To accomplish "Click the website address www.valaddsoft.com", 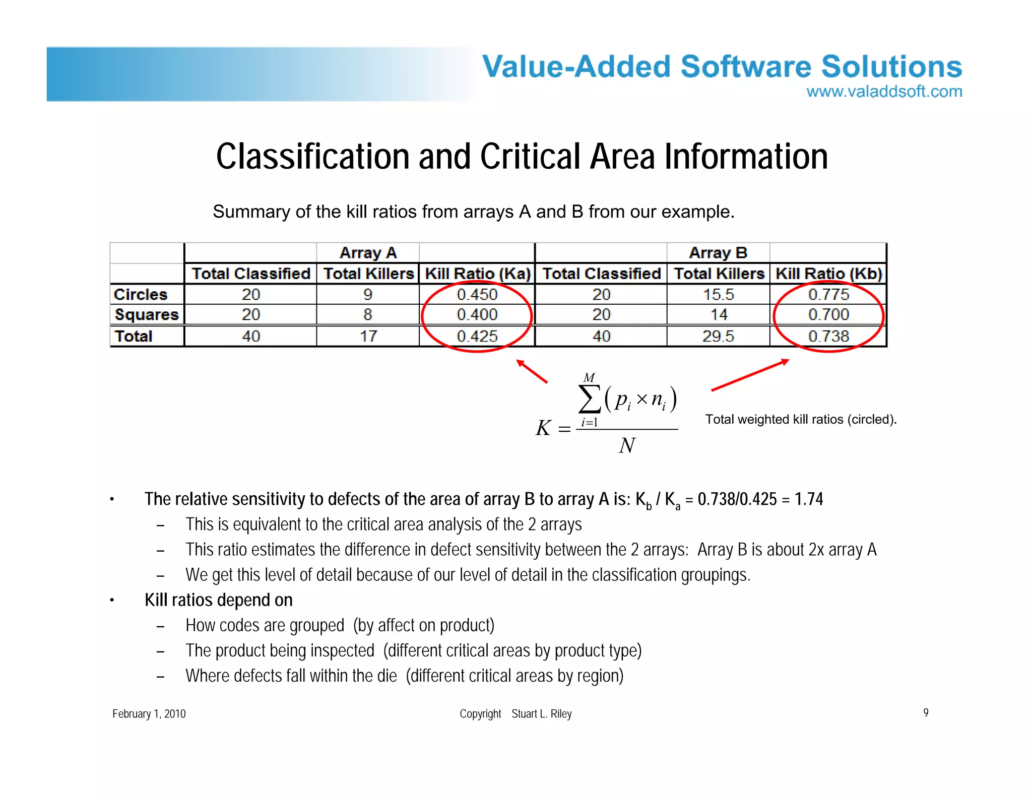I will (884, 92).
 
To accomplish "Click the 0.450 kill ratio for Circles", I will (477, 294).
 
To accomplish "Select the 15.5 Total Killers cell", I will (718, 294).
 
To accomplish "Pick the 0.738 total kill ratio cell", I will (828, 336).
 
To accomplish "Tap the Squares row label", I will (147, 315).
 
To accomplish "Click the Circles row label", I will (141, 294).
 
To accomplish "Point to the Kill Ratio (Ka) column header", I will (477, 274).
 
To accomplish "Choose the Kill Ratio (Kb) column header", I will (828, 274).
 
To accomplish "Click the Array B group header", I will (718, 252).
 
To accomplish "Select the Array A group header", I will (368, 252).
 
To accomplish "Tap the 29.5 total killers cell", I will (718, 336).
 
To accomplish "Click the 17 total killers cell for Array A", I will (368, 336).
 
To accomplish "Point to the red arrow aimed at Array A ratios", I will (532, 371).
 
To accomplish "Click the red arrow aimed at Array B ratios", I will (750, 375).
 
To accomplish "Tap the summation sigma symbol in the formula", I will (590, 399).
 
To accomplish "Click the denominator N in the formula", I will (627, 446).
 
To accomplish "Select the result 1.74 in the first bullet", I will (808, 499).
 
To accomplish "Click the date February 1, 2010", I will (149, 714).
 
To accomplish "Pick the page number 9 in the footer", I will (926, 712).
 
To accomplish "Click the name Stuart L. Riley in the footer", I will (542, 714).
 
